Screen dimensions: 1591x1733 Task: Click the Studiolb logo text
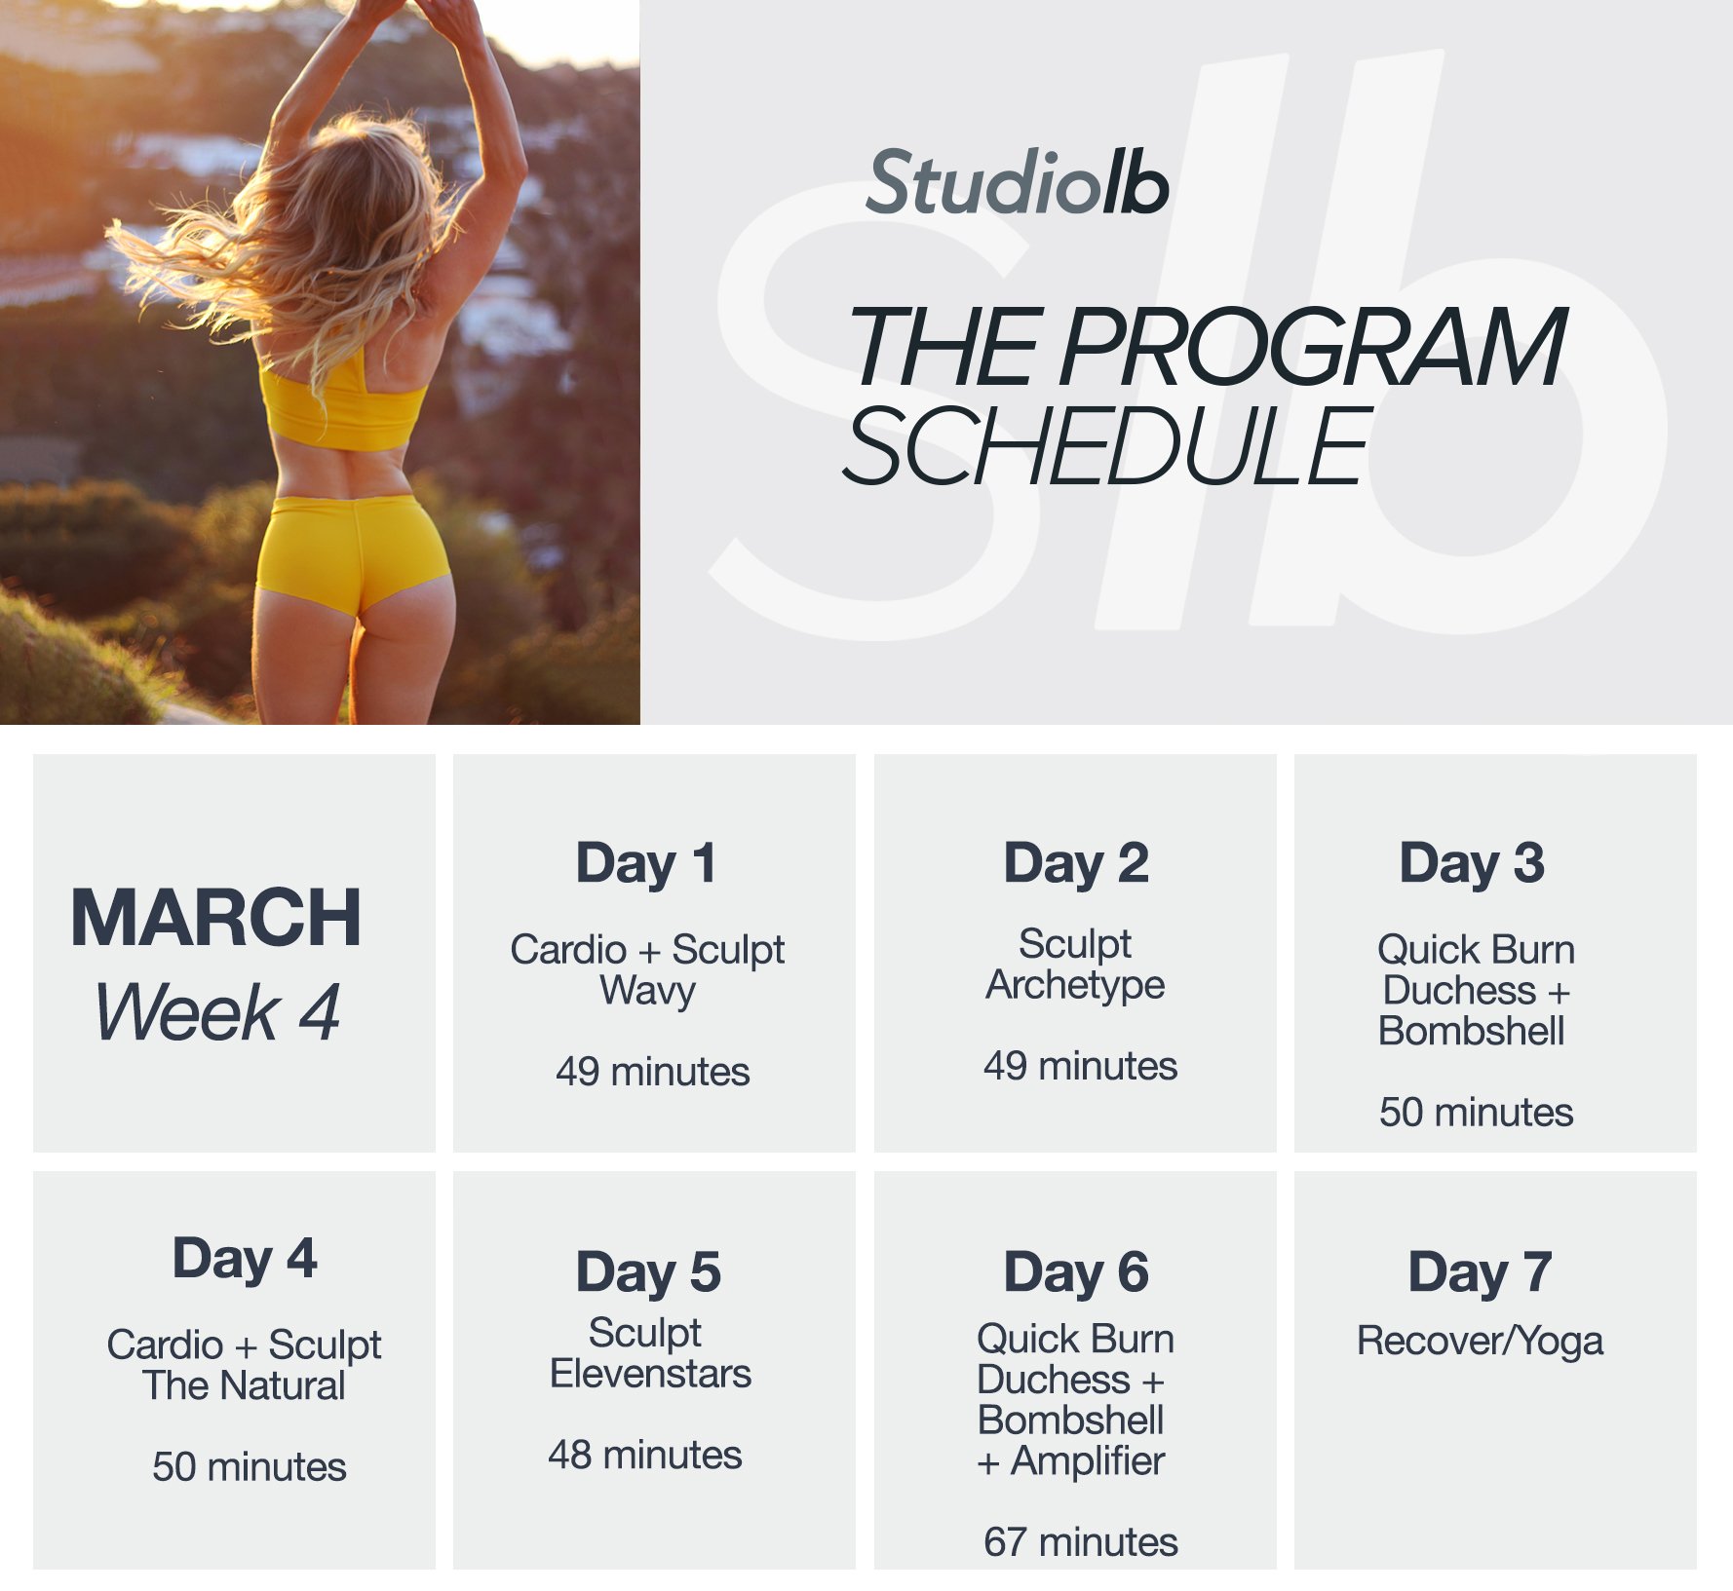1017,183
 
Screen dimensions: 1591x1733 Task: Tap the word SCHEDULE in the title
1106,447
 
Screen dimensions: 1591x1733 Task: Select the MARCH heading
216,918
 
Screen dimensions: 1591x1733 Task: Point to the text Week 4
217,1012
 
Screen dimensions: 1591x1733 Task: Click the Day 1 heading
647,863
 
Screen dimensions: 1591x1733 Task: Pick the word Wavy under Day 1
647,991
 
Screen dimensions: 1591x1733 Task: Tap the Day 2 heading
1076,863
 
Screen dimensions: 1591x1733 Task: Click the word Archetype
1075,985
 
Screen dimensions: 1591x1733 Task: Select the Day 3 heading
1472,863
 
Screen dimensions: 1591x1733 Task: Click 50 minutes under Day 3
1476,1112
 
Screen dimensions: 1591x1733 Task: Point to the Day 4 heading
245,1258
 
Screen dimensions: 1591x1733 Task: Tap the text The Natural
244,1385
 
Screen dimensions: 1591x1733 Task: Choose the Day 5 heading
648,1272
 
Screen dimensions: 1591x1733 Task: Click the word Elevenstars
650,1374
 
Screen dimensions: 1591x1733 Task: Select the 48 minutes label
645,1455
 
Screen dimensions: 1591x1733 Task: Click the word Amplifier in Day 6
1088,1460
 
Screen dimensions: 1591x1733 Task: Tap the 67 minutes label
1081,1542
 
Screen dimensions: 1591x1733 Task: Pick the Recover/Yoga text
1480,1342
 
